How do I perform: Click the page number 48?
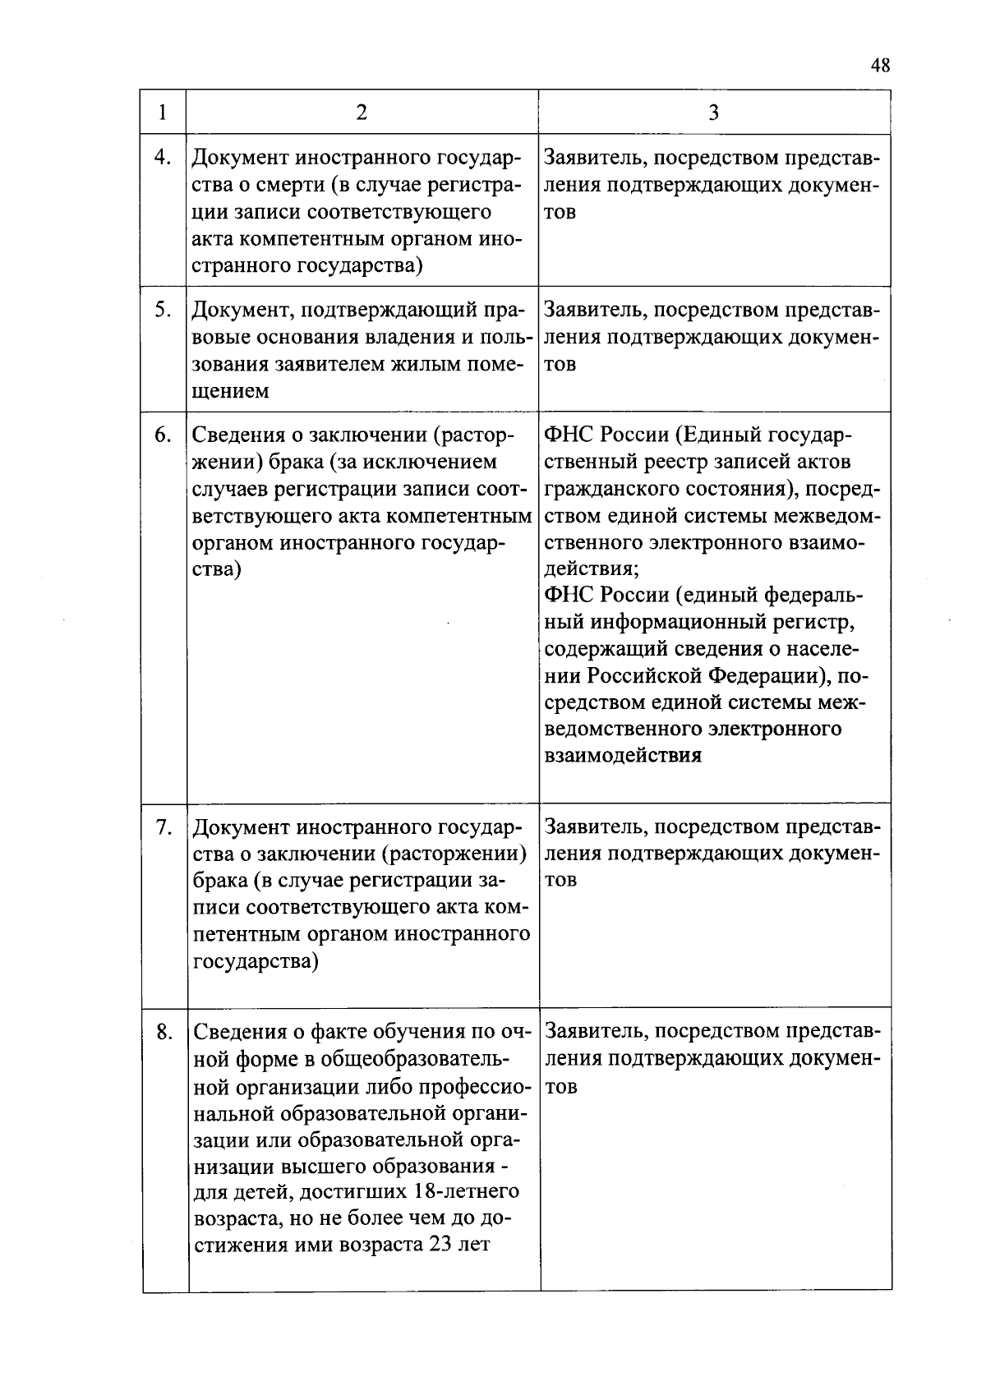click(879, 67)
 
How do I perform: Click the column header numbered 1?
click(163, 113)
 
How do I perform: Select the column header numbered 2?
click(362, 113)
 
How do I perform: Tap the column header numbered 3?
click(713, 113)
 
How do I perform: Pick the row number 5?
click(163, 311)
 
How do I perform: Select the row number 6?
click(163, 435)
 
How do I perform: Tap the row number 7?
click(163, 827)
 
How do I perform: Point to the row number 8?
click(164, 1032)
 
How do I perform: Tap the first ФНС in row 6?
click(568, 435)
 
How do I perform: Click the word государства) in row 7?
click(256, 960)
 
